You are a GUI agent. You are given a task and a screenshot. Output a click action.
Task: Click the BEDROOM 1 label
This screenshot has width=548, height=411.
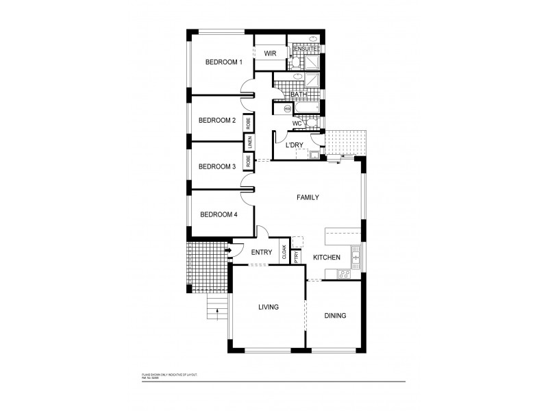coord(224,62)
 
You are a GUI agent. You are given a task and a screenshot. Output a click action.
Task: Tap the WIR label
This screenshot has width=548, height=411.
coord(269,53)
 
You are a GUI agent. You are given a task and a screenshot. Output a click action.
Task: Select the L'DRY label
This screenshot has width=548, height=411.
coord(295,145)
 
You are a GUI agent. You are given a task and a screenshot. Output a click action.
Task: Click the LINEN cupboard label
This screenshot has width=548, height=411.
coord(250,143)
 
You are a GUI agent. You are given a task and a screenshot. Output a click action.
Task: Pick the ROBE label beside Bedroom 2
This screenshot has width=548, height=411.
coord(248,123)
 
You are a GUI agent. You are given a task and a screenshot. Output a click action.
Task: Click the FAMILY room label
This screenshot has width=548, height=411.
coord(308,197)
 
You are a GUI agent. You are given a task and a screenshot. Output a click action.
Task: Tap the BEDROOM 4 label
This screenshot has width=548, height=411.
coord(219,214)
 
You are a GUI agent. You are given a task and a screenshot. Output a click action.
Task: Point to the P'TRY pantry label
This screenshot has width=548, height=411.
coord(296,258)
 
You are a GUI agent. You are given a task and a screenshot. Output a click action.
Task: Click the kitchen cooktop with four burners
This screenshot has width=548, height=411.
coord(345,274)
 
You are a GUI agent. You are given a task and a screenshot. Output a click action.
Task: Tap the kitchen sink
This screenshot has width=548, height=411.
coord(355,258)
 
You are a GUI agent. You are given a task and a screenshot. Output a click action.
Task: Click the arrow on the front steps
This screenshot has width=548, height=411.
coord(217,312)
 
